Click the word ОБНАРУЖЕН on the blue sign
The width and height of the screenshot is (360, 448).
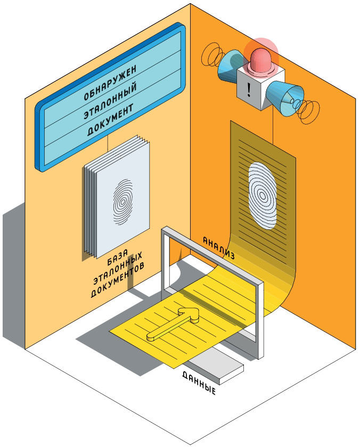tap(110, 82)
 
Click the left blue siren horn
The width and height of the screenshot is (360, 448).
tap(230, 65)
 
